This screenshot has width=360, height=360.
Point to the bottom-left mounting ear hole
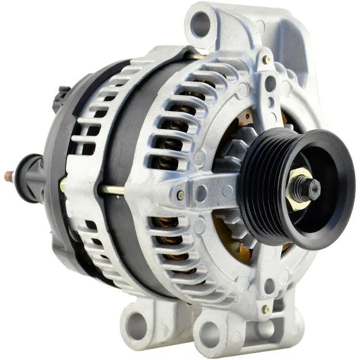(x=137, y=325)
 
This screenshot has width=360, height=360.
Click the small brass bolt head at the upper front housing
(x=266, y=60)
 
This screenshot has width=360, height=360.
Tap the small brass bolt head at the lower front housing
(x=266, y=309)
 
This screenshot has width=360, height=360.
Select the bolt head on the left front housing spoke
(x=181, y=195)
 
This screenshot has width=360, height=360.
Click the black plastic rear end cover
(x=57, y=149)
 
